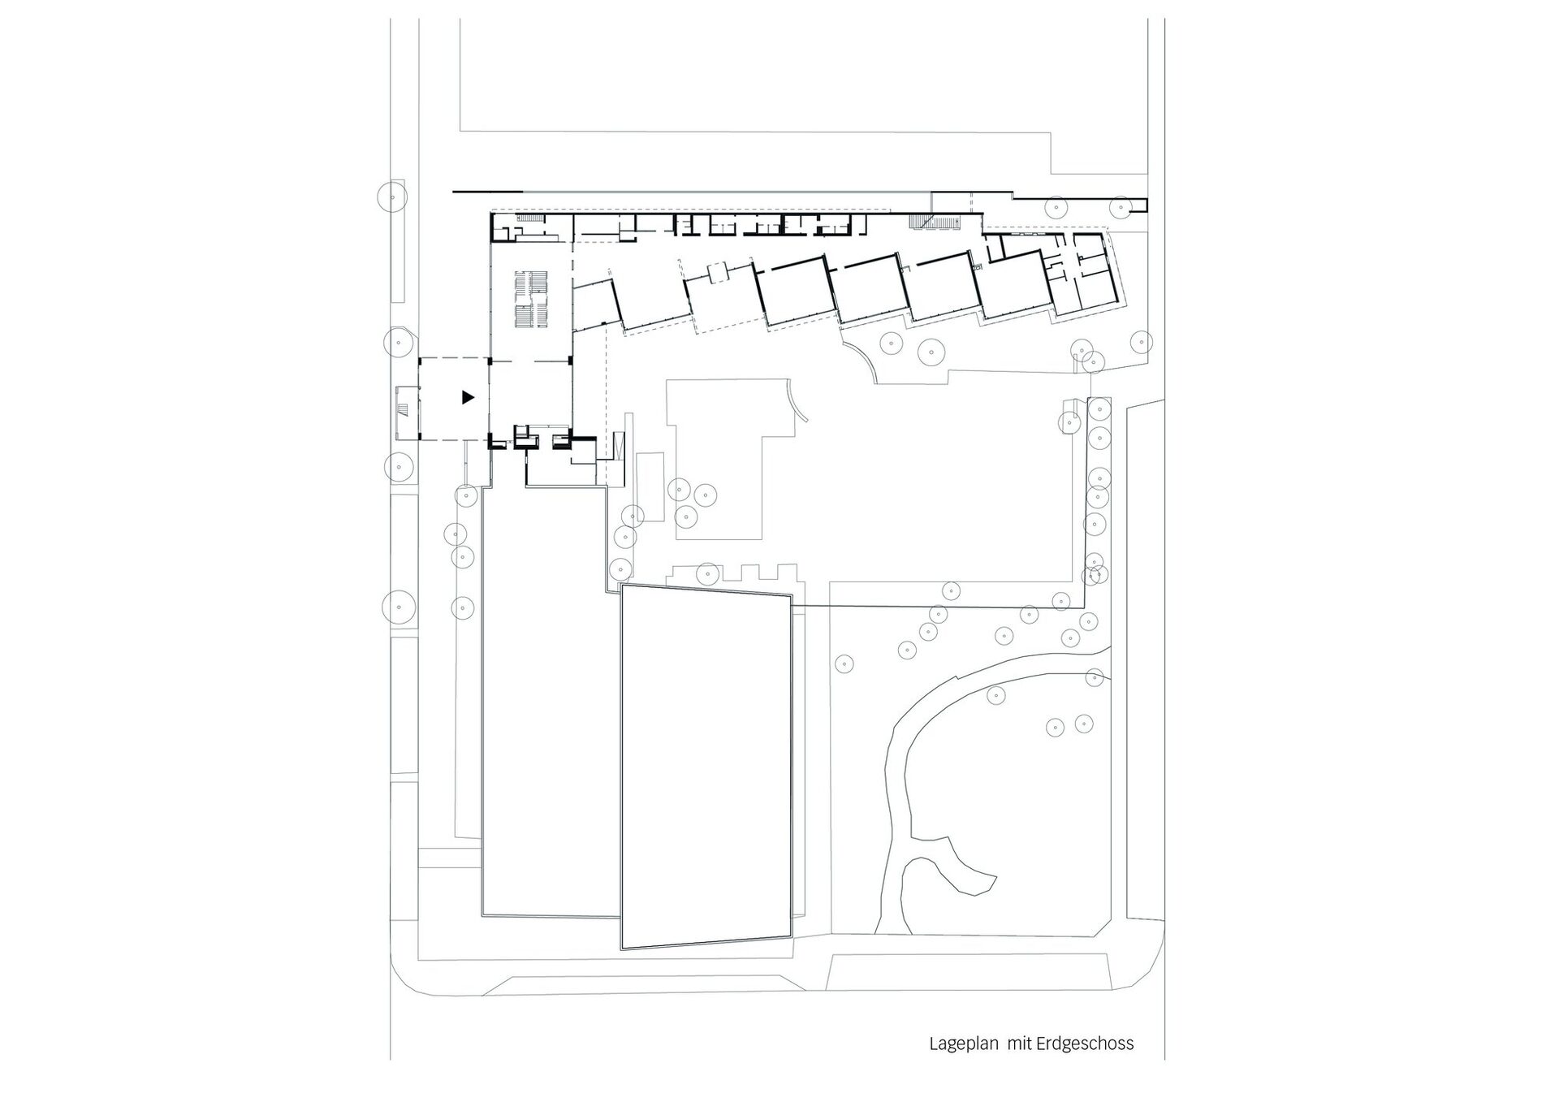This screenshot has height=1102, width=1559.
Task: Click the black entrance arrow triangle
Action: click(x=467, y=397)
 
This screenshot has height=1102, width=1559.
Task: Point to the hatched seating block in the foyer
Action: click(x=533, y=299)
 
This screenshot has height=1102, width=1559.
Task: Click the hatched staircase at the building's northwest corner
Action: click(x=530, y=219)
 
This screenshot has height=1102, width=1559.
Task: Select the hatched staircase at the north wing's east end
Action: click(x=926, y=222)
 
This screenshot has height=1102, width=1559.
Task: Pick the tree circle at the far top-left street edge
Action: click(x=393, y=197)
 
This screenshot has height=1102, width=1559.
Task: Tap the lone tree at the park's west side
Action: click(x=845, y=663)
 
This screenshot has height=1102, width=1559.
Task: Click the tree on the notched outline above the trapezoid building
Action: click(x=708, y=574)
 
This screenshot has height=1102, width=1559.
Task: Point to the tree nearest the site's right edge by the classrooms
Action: click(x=1142, y=342)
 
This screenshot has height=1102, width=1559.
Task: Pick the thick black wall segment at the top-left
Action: click(x=471, y=192)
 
